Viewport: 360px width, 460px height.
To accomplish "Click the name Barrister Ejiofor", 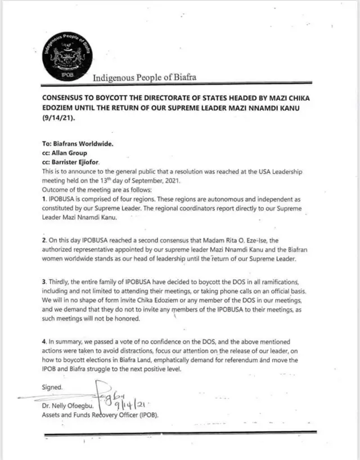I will pyautogui.click(x=80, y=162).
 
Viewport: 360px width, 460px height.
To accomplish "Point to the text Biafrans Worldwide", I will pyautogui.click(x=83, y=144).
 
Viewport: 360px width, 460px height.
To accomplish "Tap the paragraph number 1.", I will pyautogui.click(x=44, y=199).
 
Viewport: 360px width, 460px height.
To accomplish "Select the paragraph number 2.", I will pyautogui.click(x=44, y=240).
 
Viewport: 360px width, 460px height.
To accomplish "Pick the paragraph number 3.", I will pyautogui.click(x=44, y=281).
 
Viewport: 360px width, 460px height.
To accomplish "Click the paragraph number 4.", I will pyautogui.click(x=44, y=341).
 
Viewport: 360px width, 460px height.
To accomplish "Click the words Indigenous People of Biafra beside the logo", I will pyautogui.click(x=145, y=78).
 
